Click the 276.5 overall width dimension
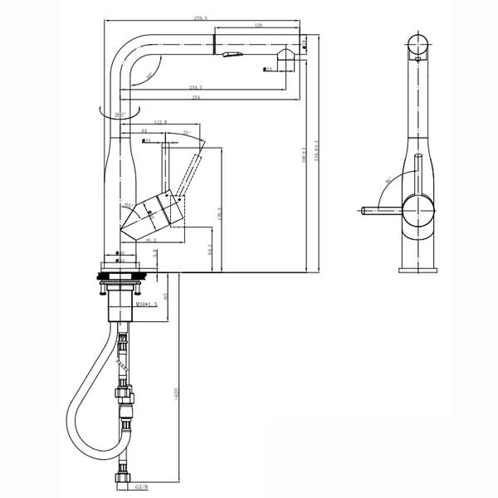[200, 17]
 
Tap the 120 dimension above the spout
[258, 27]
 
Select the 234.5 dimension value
[197, 88]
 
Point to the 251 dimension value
[196, 97]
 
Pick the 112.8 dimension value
[162, 124]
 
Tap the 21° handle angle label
[188, 133]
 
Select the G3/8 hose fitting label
[142, 487]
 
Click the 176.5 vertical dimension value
[220, 212]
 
